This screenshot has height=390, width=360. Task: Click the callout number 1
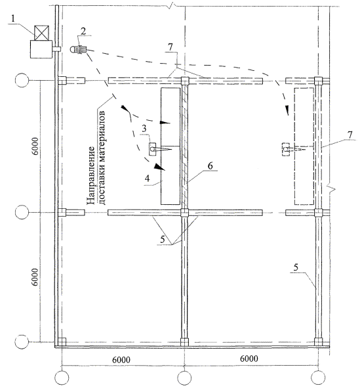[x=12, y=18]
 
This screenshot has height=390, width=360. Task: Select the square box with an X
[x=41, y=33]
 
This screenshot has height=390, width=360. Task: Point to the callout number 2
[x=83, y=31]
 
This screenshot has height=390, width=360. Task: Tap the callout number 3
[x=144, y=129]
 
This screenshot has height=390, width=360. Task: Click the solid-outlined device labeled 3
[x=152, y=149]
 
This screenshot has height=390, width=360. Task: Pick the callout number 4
[x=148, y=179]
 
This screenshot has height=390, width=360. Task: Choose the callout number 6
[x=210, y=165]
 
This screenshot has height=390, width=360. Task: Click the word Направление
[x=91, y=175]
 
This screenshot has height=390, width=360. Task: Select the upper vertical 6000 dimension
[x=35, y=146]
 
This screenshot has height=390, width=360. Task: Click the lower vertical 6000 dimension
[x=35, y=277]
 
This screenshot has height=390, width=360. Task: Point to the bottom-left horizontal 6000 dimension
[x=121, y=360]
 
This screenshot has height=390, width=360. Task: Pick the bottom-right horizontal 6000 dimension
[x=249, y=358]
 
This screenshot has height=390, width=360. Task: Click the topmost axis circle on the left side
[x=22, y=80]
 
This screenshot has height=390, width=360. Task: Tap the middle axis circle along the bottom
[x=184, y=378]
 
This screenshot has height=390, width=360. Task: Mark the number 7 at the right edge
[x=350, y=135]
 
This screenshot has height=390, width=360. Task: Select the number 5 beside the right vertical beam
[x=296, y=267]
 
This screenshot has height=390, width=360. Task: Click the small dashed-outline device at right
[x=286, y=149]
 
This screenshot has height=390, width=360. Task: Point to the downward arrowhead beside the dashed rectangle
[x=287, y=110]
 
